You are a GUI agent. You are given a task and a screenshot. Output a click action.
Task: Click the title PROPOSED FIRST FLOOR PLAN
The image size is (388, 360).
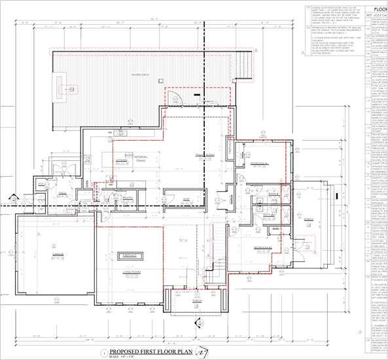149,351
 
